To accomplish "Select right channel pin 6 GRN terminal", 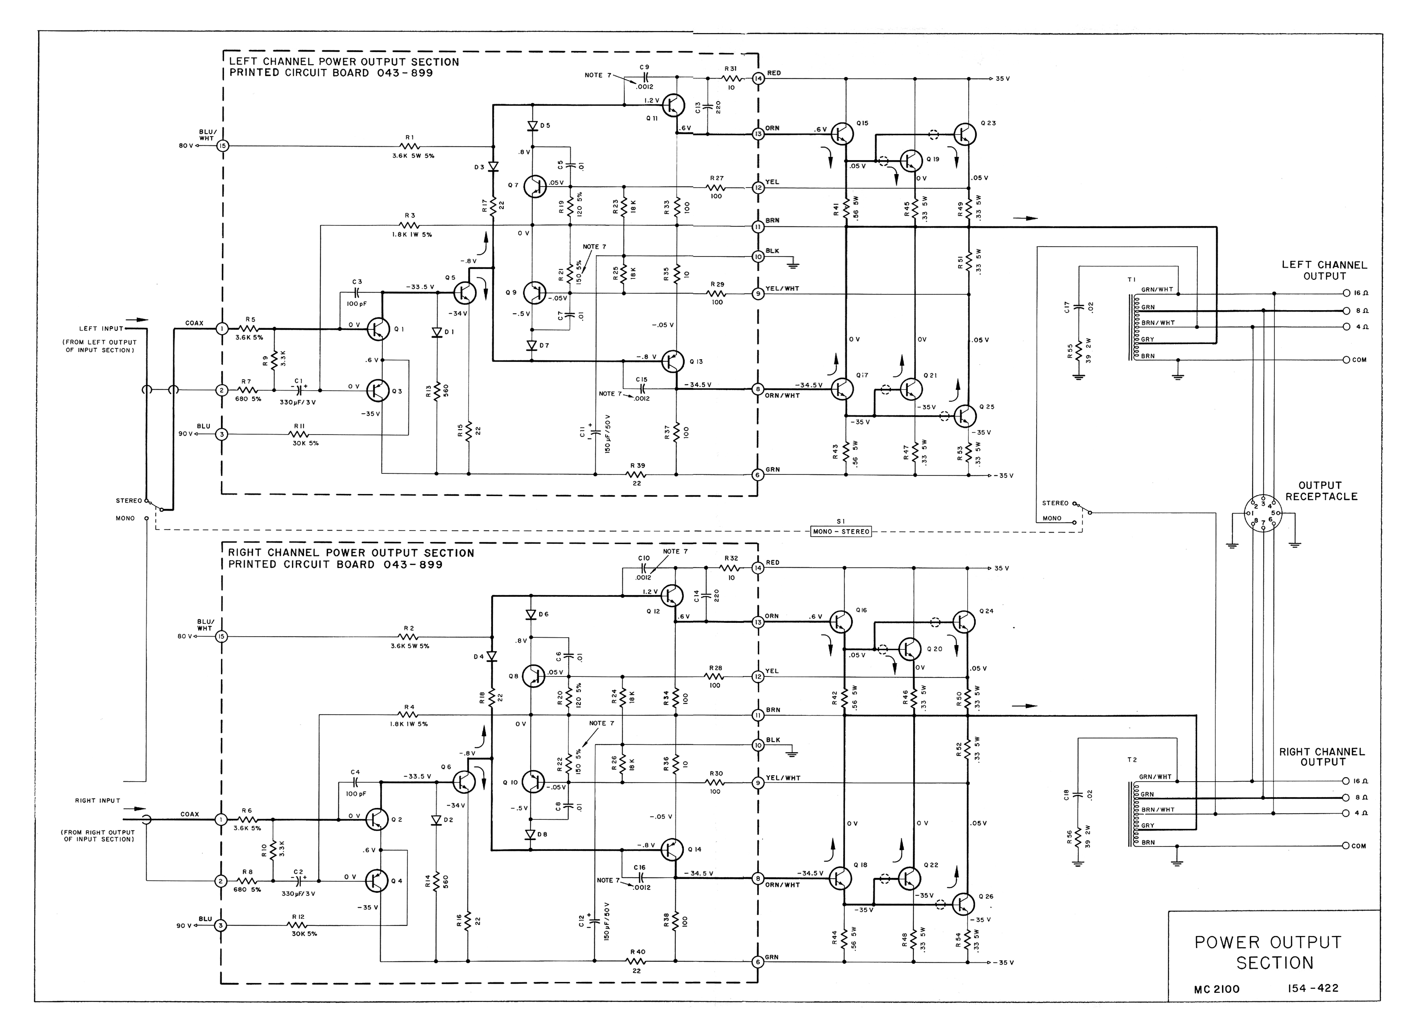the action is pyautogui.click(x=758, y=962).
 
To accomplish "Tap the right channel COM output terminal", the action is pyautogui.click(x=1345, y=846).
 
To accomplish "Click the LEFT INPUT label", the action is pyautogui.click(x=101, y=329).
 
